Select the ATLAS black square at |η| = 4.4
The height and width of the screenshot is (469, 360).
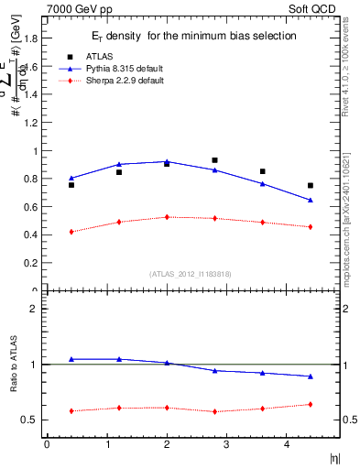pos(311,185)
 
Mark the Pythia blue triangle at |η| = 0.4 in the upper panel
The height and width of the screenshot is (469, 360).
pos(71,178)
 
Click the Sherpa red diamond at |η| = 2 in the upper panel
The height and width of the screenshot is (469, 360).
pos(167,217)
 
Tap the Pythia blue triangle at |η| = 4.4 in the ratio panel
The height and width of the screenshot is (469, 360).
pos(311,376)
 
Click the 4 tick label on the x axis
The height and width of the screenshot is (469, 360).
pos(287,445)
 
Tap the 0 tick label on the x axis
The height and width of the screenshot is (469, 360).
pos(47,445)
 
